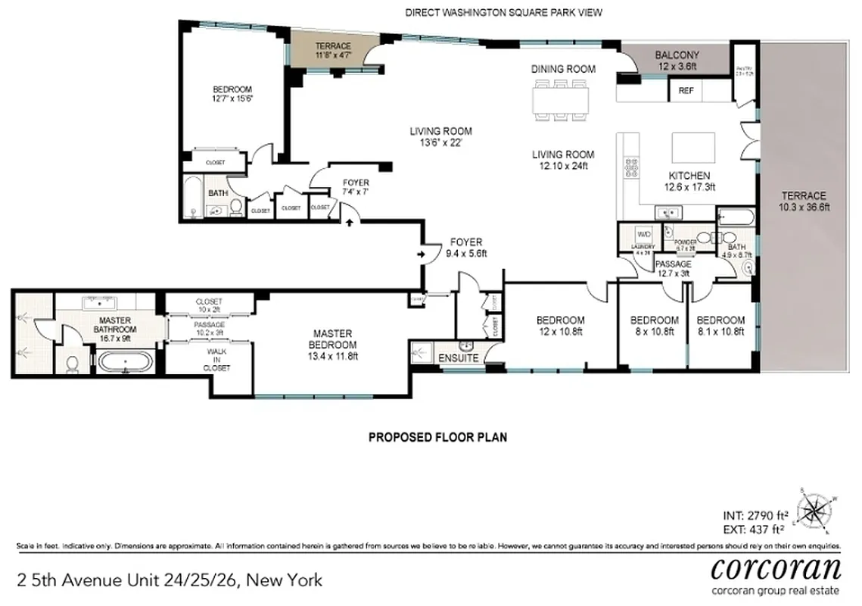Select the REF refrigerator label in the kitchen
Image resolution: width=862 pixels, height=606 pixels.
click(x=686, y=91)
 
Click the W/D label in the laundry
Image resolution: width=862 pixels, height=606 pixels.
click(x=644, y=234)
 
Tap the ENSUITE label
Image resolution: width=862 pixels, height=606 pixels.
click(x=459, y=358)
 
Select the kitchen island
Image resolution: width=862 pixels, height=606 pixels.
click(x=694, y=145)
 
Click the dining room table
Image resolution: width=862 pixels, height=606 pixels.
click(x=562, y=100)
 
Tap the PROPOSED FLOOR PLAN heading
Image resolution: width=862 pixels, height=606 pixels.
click(x=437, y=437)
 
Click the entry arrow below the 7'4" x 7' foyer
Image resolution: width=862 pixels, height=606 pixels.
click(x=349, y=223)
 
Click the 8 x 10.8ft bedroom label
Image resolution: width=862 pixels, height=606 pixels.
click(x=654, y=326)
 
